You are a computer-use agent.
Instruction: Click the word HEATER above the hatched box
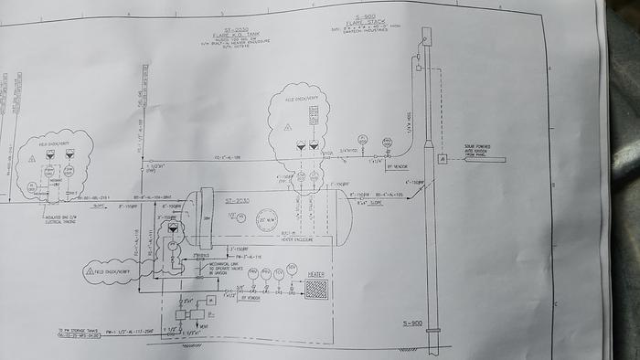(316, 272)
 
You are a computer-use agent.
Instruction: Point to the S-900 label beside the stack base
(413, 323)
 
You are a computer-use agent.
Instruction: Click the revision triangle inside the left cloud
(33, 157)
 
